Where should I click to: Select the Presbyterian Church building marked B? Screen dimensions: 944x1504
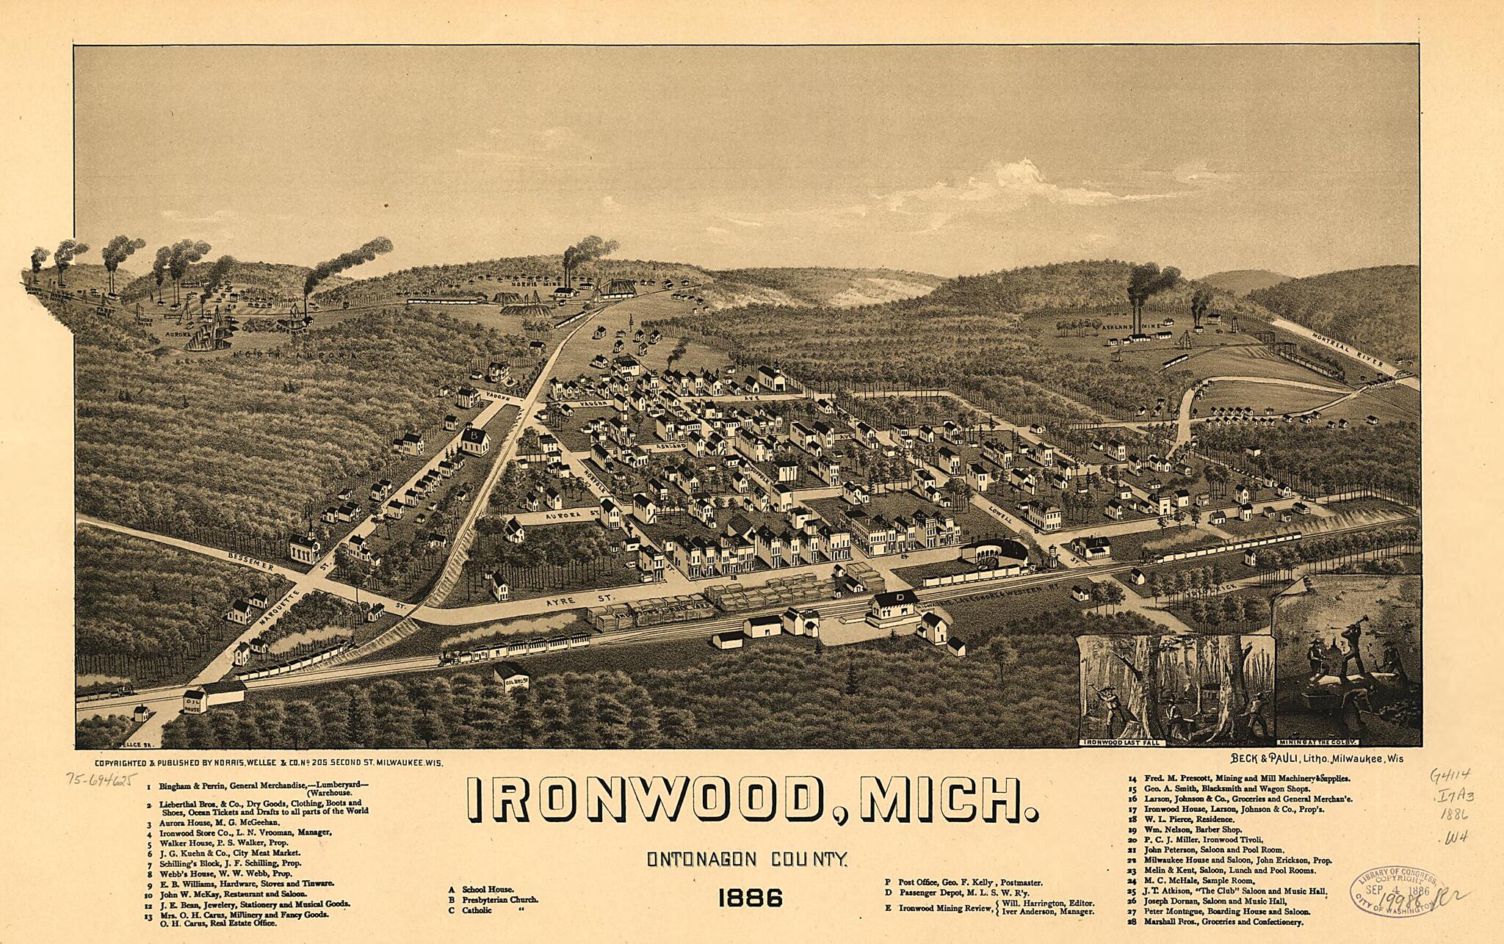click(476, 440)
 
